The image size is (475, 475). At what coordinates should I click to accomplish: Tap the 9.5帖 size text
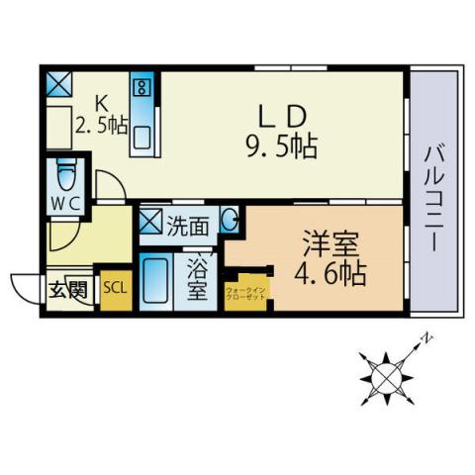(x=281, y=148)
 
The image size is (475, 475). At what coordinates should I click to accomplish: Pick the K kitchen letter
(x=100, y=101)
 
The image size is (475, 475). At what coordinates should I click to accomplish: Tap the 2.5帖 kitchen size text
(x=100, y=127)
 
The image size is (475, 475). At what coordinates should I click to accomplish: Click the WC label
(x=64, y=201)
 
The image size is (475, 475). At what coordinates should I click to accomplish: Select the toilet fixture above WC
(x=65, y=174)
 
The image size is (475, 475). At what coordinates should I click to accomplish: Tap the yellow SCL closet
(x=114, y=288)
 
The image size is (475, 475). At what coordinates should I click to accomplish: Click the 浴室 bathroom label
(x=197, y=279)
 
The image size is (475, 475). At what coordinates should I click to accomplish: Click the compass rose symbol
(x=386, y=375)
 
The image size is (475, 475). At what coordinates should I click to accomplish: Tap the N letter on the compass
(x=427, y=338)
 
